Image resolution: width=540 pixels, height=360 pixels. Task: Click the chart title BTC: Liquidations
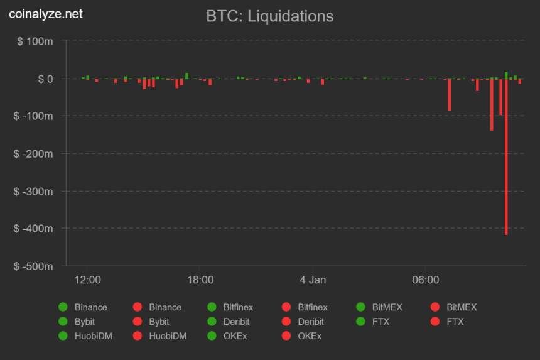[269, 16]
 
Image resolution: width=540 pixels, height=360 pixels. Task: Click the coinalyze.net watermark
[45, 13]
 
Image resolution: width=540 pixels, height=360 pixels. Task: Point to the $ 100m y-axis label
[35, 41]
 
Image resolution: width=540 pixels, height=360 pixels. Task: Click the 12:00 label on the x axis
[88, 280]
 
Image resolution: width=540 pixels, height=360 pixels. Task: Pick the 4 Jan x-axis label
[313, 280]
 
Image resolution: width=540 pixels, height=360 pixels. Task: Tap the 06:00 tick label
[425, 280]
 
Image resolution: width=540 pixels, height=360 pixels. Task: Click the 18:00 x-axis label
[200, 280]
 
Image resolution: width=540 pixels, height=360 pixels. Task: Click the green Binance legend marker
[63, 307]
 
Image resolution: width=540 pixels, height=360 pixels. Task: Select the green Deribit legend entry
[212, 322]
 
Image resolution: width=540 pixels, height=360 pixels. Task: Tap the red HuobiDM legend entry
[138, 336]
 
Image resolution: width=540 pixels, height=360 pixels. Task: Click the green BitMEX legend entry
[361, 307]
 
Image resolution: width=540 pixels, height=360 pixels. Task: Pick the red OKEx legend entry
[286, 336]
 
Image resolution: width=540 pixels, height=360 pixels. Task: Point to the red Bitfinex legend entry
[286, 307]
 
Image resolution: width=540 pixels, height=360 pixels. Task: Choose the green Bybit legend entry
[63, 322]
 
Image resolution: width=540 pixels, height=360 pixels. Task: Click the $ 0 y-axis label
[45, 79]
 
